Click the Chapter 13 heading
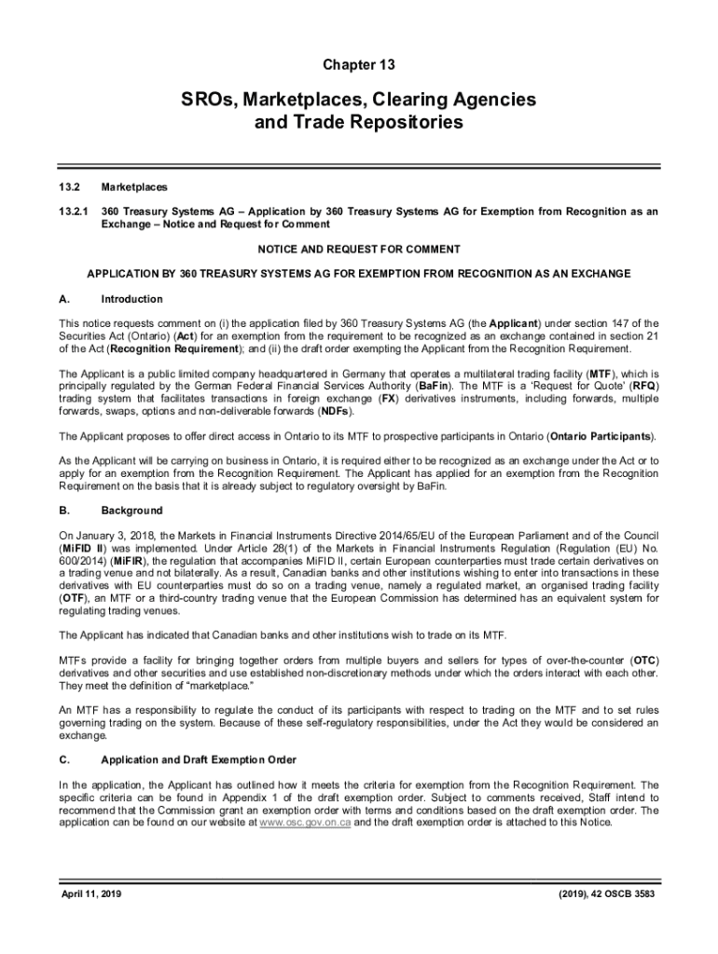click(359, 64)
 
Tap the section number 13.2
click(71, 187)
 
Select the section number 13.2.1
click(74, 211)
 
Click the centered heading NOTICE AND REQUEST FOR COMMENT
click(359, 249)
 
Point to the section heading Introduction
click(131, 299)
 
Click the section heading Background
click(131, 511)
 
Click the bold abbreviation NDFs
click(336, 410)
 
